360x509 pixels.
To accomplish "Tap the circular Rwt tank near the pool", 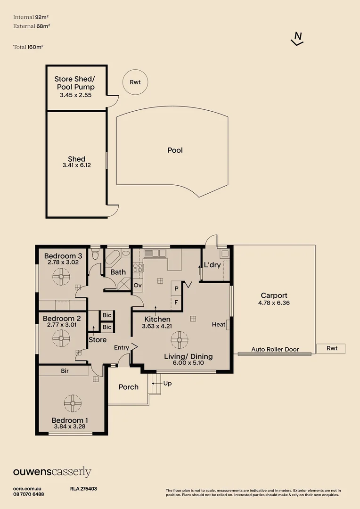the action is [x=135, y=82].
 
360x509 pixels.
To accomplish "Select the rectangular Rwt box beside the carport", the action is [x=331, y=348].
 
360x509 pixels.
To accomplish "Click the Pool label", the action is [x=175, y=150].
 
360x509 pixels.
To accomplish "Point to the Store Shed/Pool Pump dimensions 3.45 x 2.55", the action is [x=76, y=95].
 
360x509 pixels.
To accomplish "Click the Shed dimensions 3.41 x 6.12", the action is [x=77, y=165].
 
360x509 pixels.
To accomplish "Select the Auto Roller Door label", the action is [x=275, y=349].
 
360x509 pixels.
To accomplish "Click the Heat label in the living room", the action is [x=219, y=324].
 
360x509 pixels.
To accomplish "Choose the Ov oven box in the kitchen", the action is [x=138, y=285].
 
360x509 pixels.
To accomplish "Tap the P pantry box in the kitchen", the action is [x=176, y=288].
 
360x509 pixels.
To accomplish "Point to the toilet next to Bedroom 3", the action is [x=95, y=254].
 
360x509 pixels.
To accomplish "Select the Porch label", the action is [x=129, y=387].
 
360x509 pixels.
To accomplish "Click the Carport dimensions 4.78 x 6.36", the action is [x=274, y=303].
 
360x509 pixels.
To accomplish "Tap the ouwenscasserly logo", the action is [x=52, y=472].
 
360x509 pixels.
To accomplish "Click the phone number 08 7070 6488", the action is [x=29, y=494].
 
